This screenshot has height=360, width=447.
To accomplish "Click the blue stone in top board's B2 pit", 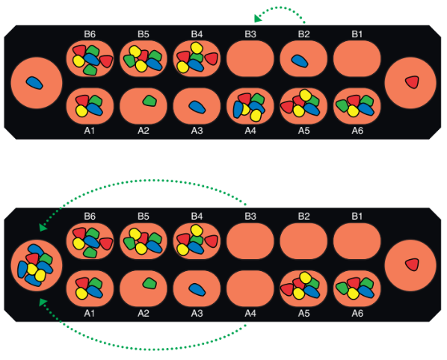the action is pos(300,61).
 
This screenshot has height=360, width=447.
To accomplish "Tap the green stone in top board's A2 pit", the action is pos(149,101).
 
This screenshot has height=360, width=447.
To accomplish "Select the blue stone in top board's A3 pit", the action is pos(197,107).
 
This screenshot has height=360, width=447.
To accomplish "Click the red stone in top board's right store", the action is pos(412,82).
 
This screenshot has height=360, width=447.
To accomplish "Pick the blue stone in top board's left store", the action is pos(34,83).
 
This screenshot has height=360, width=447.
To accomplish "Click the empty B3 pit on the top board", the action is pos(250,59).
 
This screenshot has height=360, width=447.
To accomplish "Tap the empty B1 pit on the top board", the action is pos(357,59).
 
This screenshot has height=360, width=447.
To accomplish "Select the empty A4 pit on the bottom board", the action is pos(250,288).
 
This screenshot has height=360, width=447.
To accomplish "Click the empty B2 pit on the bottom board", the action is pos(303,241).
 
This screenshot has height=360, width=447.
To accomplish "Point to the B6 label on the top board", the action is pos(90,34).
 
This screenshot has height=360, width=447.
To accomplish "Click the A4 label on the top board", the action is pos(250,131).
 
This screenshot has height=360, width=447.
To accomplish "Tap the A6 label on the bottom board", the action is pos(357,313).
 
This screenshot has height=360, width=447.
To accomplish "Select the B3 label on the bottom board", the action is pos(250,217).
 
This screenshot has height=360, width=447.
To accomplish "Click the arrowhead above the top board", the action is pos(257,19).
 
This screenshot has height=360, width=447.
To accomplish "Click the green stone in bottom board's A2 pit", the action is pos(149,283).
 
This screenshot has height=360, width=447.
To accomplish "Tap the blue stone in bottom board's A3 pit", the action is pos(197,289).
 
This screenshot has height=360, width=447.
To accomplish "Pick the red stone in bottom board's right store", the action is pos(412,264).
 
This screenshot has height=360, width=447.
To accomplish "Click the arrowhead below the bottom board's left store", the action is pos(43,302).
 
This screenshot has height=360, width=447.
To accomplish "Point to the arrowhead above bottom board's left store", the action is pos(43,227).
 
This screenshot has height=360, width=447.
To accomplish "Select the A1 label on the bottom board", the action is pos(90,313).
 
